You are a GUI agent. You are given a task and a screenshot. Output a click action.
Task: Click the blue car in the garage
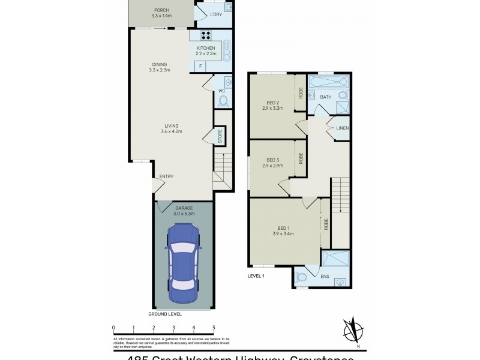183,262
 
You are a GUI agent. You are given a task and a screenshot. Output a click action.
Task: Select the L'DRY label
216,15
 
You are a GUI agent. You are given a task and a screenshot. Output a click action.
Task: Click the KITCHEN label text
206,48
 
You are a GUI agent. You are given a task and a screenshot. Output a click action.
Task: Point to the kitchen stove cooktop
205,34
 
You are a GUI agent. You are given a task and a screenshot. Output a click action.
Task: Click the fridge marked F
200,65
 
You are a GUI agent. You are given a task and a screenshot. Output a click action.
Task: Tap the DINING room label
159,65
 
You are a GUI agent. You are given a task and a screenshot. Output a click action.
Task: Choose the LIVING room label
171,126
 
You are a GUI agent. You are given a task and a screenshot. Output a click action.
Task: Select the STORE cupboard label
220,136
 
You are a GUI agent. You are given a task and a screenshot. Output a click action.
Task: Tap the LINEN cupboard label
343,128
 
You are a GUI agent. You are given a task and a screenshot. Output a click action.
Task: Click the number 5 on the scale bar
214,328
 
